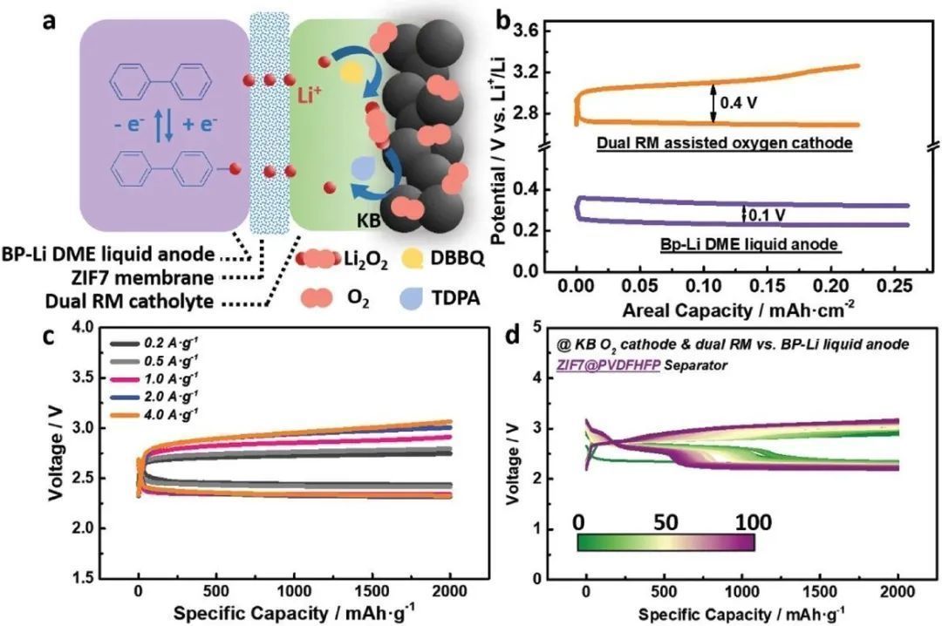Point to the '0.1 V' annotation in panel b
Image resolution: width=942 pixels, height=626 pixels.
(x=765, y=213)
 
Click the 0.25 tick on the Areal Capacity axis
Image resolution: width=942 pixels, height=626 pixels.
(x=894, y=285)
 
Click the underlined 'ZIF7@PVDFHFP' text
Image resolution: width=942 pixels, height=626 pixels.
(x=607, y=366)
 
